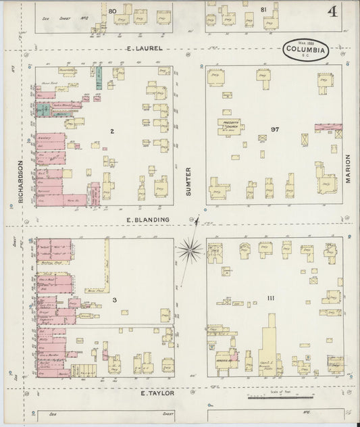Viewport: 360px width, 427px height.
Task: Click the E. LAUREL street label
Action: click(x=146, y=49)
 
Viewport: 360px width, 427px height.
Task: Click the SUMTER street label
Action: click(x=188, y=185)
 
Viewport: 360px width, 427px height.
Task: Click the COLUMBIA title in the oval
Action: click(x=306, y=49)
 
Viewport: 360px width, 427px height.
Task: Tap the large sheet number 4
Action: click(x=333, y=13)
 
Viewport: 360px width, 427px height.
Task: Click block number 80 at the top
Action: click(x=112, y=11)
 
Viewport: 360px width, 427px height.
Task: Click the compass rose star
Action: click(x=192, y=249)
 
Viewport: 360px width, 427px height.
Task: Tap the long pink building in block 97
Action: click(x=328, y=126)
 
